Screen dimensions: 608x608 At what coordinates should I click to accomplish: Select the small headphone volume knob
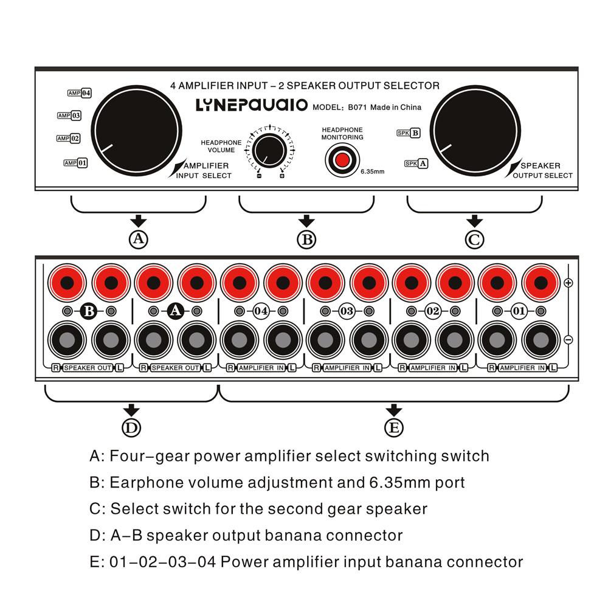click(269, 150)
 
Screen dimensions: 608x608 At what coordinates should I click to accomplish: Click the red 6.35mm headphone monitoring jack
click(342, 160)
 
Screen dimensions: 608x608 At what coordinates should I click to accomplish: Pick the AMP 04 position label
click(80, 93)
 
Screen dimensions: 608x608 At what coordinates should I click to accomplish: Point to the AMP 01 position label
click(76, 163)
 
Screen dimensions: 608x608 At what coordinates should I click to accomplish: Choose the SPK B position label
click(408, 133)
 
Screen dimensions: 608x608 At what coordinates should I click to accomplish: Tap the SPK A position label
click(416, 163)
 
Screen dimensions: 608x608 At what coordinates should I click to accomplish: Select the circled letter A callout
click(139, 240)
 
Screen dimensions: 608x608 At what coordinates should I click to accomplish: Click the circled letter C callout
click(474, 240)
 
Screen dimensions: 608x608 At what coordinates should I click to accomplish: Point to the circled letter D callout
click(131, 428)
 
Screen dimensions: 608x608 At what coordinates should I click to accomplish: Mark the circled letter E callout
click(394, 428)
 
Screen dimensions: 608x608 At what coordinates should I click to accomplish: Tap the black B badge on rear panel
click(89, 311)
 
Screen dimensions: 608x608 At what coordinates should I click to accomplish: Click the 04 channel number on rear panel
click(261, 311)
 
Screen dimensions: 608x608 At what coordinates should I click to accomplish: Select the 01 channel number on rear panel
click(519, 311)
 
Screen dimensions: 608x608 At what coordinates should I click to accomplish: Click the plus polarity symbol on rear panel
click(568, 283)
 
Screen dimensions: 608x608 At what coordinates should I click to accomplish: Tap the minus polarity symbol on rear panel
click(568, 340)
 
